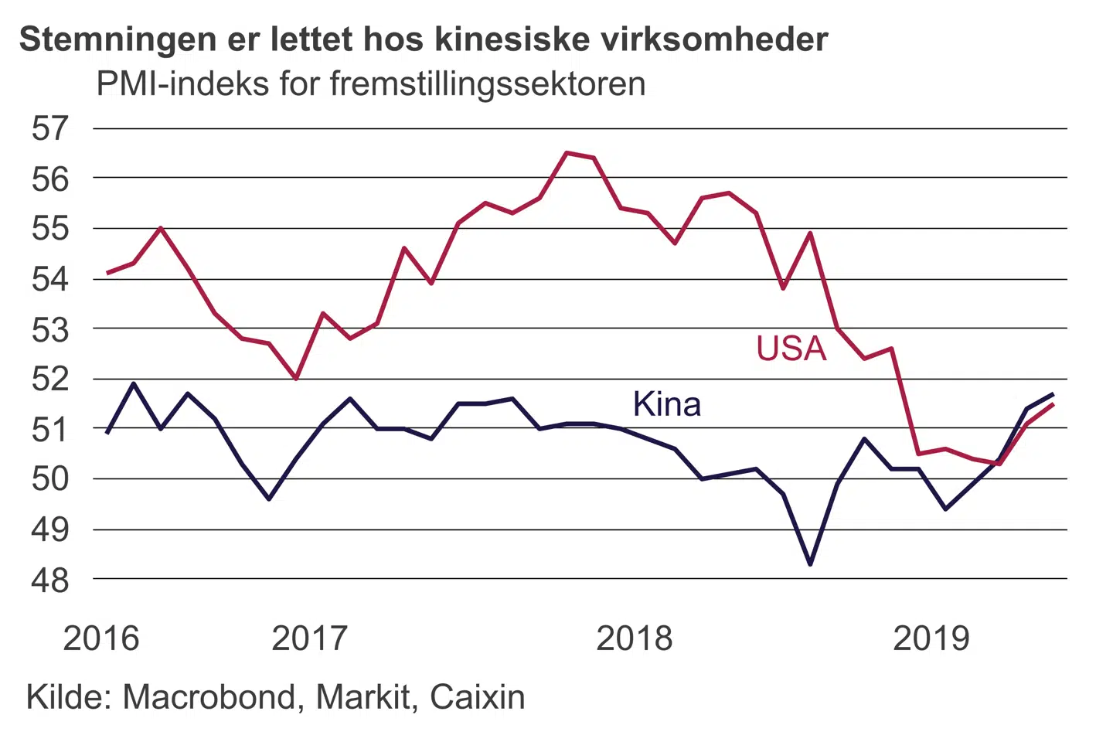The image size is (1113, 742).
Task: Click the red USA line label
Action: point(791,349)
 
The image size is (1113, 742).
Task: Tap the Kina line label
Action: point(666,404)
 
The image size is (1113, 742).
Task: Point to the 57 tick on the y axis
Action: point(50,128)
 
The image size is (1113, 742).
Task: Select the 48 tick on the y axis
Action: point(50,580)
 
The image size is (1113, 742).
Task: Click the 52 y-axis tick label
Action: point(50,379)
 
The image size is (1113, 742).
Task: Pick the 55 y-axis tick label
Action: point(50,229)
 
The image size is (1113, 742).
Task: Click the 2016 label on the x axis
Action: point(101,638)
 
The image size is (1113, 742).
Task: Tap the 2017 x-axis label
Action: point(310,638)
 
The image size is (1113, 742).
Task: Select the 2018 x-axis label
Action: point(635,638)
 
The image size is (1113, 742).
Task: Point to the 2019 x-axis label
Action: point(931,638)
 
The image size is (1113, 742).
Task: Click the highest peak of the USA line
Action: point(567,153)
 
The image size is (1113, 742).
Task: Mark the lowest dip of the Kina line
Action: point(810,564)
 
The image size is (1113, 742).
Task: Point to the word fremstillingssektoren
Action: point(488,83)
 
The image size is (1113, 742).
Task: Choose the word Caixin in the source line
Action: point(477,697)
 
